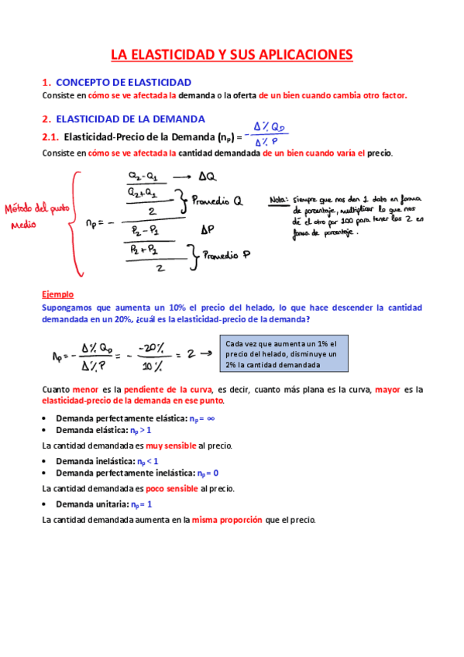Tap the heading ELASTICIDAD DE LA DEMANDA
coord(131,119)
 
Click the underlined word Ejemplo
coord(57,294)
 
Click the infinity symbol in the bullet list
coord(211,418)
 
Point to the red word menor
coord(87,390)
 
